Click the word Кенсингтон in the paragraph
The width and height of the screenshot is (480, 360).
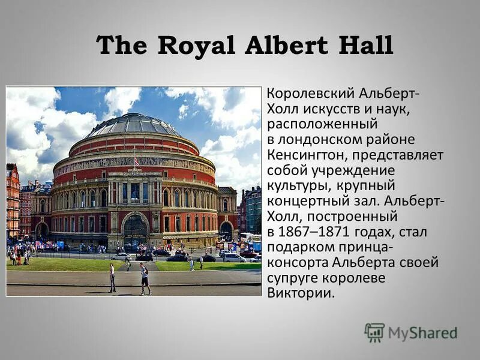pos(307,155)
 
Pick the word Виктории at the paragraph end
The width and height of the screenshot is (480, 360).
pos(298,293)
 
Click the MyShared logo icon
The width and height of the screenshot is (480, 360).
pos(374,332)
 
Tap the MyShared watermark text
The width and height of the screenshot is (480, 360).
pos(422,334)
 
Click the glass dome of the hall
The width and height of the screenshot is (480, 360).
pos(133,124)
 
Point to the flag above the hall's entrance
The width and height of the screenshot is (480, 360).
pos(136,161)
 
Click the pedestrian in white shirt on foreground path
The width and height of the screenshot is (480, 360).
pos(112,277)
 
